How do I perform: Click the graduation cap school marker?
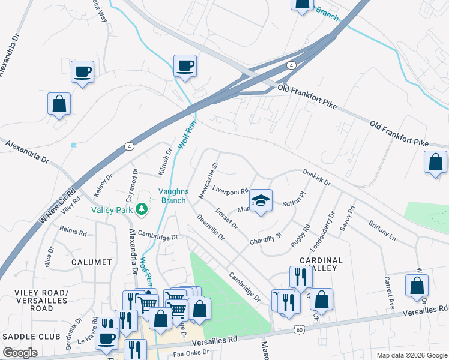point(261,200)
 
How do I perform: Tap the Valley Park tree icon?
point(142,209)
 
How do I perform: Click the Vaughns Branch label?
point(174,196)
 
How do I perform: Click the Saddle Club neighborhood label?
point(28,337)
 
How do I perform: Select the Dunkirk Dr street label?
point(316,176)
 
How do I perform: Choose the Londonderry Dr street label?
point(322,232)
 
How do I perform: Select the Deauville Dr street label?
point(210,228)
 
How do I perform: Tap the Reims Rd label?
point(73,231)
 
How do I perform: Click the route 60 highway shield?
point(300,329)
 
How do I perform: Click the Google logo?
point(20,353)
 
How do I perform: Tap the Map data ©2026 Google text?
point(411,355)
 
